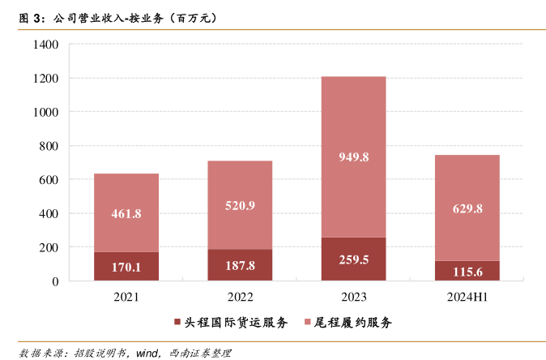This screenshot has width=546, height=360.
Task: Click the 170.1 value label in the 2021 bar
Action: click(126, 266)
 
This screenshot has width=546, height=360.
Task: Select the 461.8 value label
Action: click(126, 213)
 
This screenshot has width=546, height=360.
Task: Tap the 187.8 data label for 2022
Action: click(240, 265)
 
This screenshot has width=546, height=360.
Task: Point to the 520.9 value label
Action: click(240, 205)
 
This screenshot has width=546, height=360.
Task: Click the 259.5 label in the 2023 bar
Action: click(353, 259)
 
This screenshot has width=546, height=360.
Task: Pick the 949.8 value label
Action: click(353, 157)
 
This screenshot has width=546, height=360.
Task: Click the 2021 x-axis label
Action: click(126, 298)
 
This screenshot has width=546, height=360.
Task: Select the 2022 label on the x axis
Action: click(240, 298)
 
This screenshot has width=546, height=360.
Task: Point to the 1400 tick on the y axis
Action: click(46, 45)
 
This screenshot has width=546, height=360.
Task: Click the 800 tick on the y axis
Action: click(49, 146)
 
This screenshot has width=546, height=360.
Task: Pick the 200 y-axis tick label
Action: click(49, 247)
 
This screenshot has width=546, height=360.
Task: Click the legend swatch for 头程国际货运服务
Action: click(177, 323)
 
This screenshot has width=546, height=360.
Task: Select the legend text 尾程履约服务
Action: click(354, 323)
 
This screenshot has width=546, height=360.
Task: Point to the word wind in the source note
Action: click(147, 353)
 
